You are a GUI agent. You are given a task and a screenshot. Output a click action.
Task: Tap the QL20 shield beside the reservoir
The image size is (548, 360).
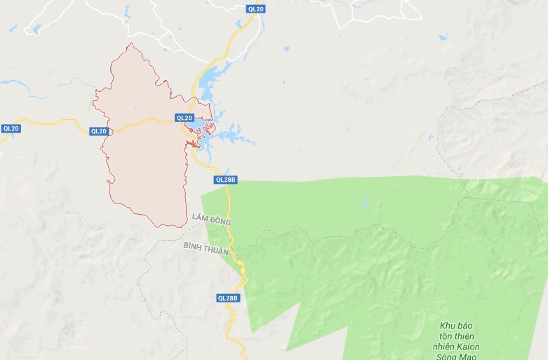(185, 118)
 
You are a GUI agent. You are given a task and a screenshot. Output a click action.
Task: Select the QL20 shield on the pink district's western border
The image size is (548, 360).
(99, 131)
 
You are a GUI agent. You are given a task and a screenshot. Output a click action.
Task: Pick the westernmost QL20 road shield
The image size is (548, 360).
(11, 128)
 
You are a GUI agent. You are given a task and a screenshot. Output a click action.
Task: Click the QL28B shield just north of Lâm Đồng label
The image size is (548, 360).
(227, 180)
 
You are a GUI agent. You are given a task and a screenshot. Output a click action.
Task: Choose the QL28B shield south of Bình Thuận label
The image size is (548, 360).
(228, 298)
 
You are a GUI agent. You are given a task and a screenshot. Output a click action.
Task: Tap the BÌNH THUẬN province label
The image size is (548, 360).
(207, 247)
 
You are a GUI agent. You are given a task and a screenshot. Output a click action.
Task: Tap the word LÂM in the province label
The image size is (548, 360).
(199, 220)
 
